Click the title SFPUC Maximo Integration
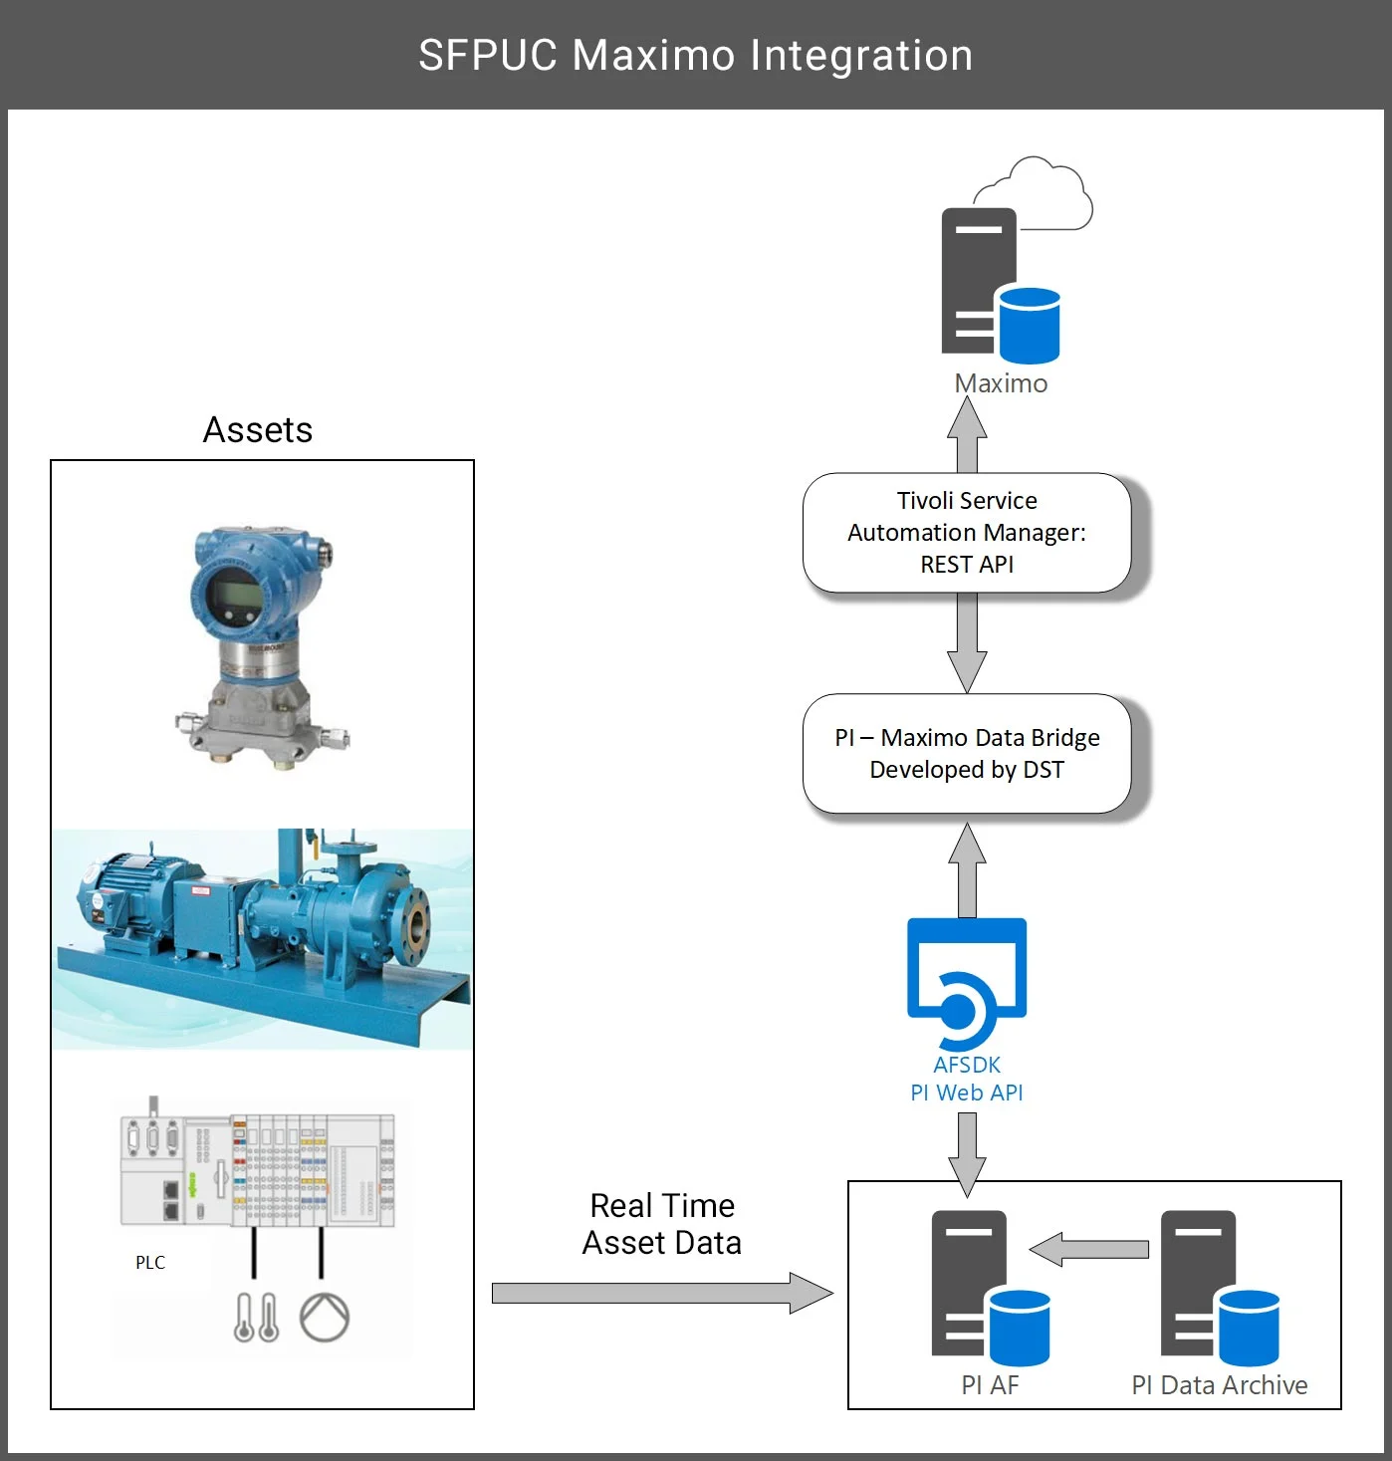tap(695, 55)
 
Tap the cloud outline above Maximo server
tap(1036, 193)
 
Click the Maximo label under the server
tap(1001, 383)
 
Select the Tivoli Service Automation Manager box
tap(966, 533)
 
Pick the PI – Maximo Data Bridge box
tap(966, 754)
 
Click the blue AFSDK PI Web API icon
tap(966, 981)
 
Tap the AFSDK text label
tap(966, 1065)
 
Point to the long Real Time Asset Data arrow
tap(661, 1293)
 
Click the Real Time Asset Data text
tap(662, 1224)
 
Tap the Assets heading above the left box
tap(258, 430)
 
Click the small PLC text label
tap(150, 1262)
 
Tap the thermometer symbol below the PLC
tap(256, 1317)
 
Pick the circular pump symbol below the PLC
tap(325, 1317)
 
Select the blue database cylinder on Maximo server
tap(1029, 325)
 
